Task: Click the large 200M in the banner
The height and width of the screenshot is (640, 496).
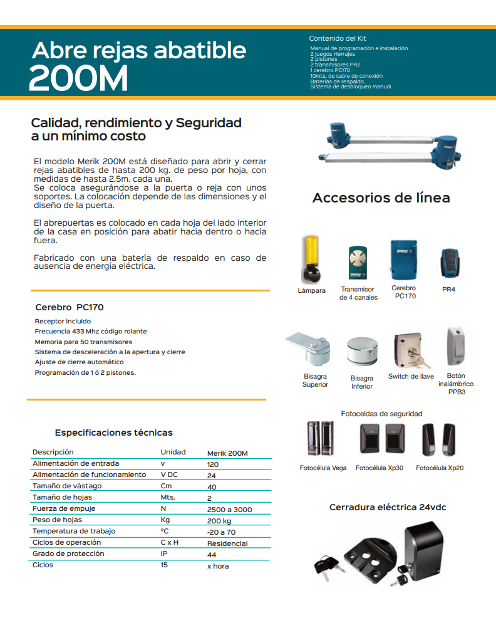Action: [x=78, y=78]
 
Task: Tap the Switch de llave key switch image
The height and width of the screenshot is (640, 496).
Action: [x=410, y=351]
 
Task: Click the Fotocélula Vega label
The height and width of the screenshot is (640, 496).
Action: [x=323, y=468]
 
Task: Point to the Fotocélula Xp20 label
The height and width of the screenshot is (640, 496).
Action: [x=440, y=468]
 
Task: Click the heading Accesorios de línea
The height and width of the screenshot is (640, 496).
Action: [x=381, y=198]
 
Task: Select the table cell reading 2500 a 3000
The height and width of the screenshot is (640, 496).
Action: [x=229, y=510]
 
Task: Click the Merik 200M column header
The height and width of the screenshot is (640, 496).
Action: [x=227, y=453]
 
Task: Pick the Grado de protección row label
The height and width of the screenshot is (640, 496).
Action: [x=68, y=554]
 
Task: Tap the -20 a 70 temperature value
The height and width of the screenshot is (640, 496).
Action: [x=221, y=532]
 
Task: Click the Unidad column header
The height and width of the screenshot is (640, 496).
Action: [x=173, y=452]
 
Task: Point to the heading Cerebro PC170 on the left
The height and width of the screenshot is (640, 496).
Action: [x=70, y=308]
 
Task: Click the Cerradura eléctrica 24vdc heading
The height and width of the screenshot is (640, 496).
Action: [x=388, y=507]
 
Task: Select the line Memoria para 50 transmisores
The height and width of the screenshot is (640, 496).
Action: [x=83, y=342]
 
